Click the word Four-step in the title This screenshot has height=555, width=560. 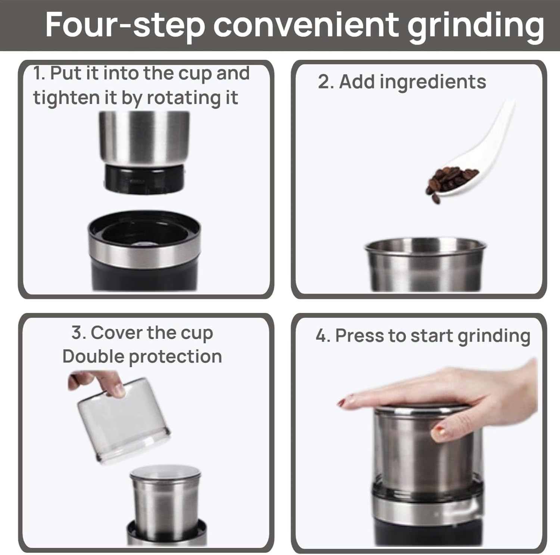(125, 25)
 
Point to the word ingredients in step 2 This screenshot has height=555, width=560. (433, 82)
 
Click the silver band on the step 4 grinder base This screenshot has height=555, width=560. (426, 512)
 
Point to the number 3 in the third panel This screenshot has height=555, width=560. (76, 332)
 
